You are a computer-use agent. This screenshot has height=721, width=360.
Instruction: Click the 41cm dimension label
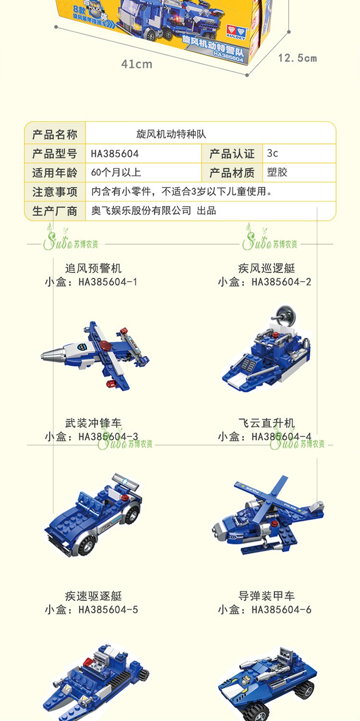coord(136,64)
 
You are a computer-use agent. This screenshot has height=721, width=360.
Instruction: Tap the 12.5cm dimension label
coord(298,58)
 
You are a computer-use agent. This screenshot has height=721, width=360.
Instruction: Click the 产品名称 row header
coord(55,134)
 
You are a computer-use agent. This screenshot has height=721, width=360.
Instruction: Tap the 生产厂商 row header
coord(55,211)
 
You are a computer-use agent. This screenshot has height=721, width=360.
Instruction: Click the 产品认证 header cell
coord(232,154)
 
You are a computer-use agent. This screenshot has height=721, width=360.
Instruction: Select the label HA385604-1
coord(108,282)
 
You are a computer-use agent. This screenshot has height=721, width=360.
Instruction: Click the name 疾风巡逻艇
coord(266,268)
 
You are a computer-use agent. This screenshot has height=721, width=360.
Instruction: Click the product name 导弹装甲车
coord(266,596)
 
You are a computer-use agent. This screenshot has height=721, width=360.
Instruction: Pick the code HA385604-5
coord(108,610)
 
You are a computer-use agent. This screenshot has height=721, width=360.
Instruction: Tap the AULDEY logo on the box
coord(236,32)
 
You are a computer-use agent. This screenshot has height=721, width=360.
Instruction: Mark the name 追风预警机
coord(94,268)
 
